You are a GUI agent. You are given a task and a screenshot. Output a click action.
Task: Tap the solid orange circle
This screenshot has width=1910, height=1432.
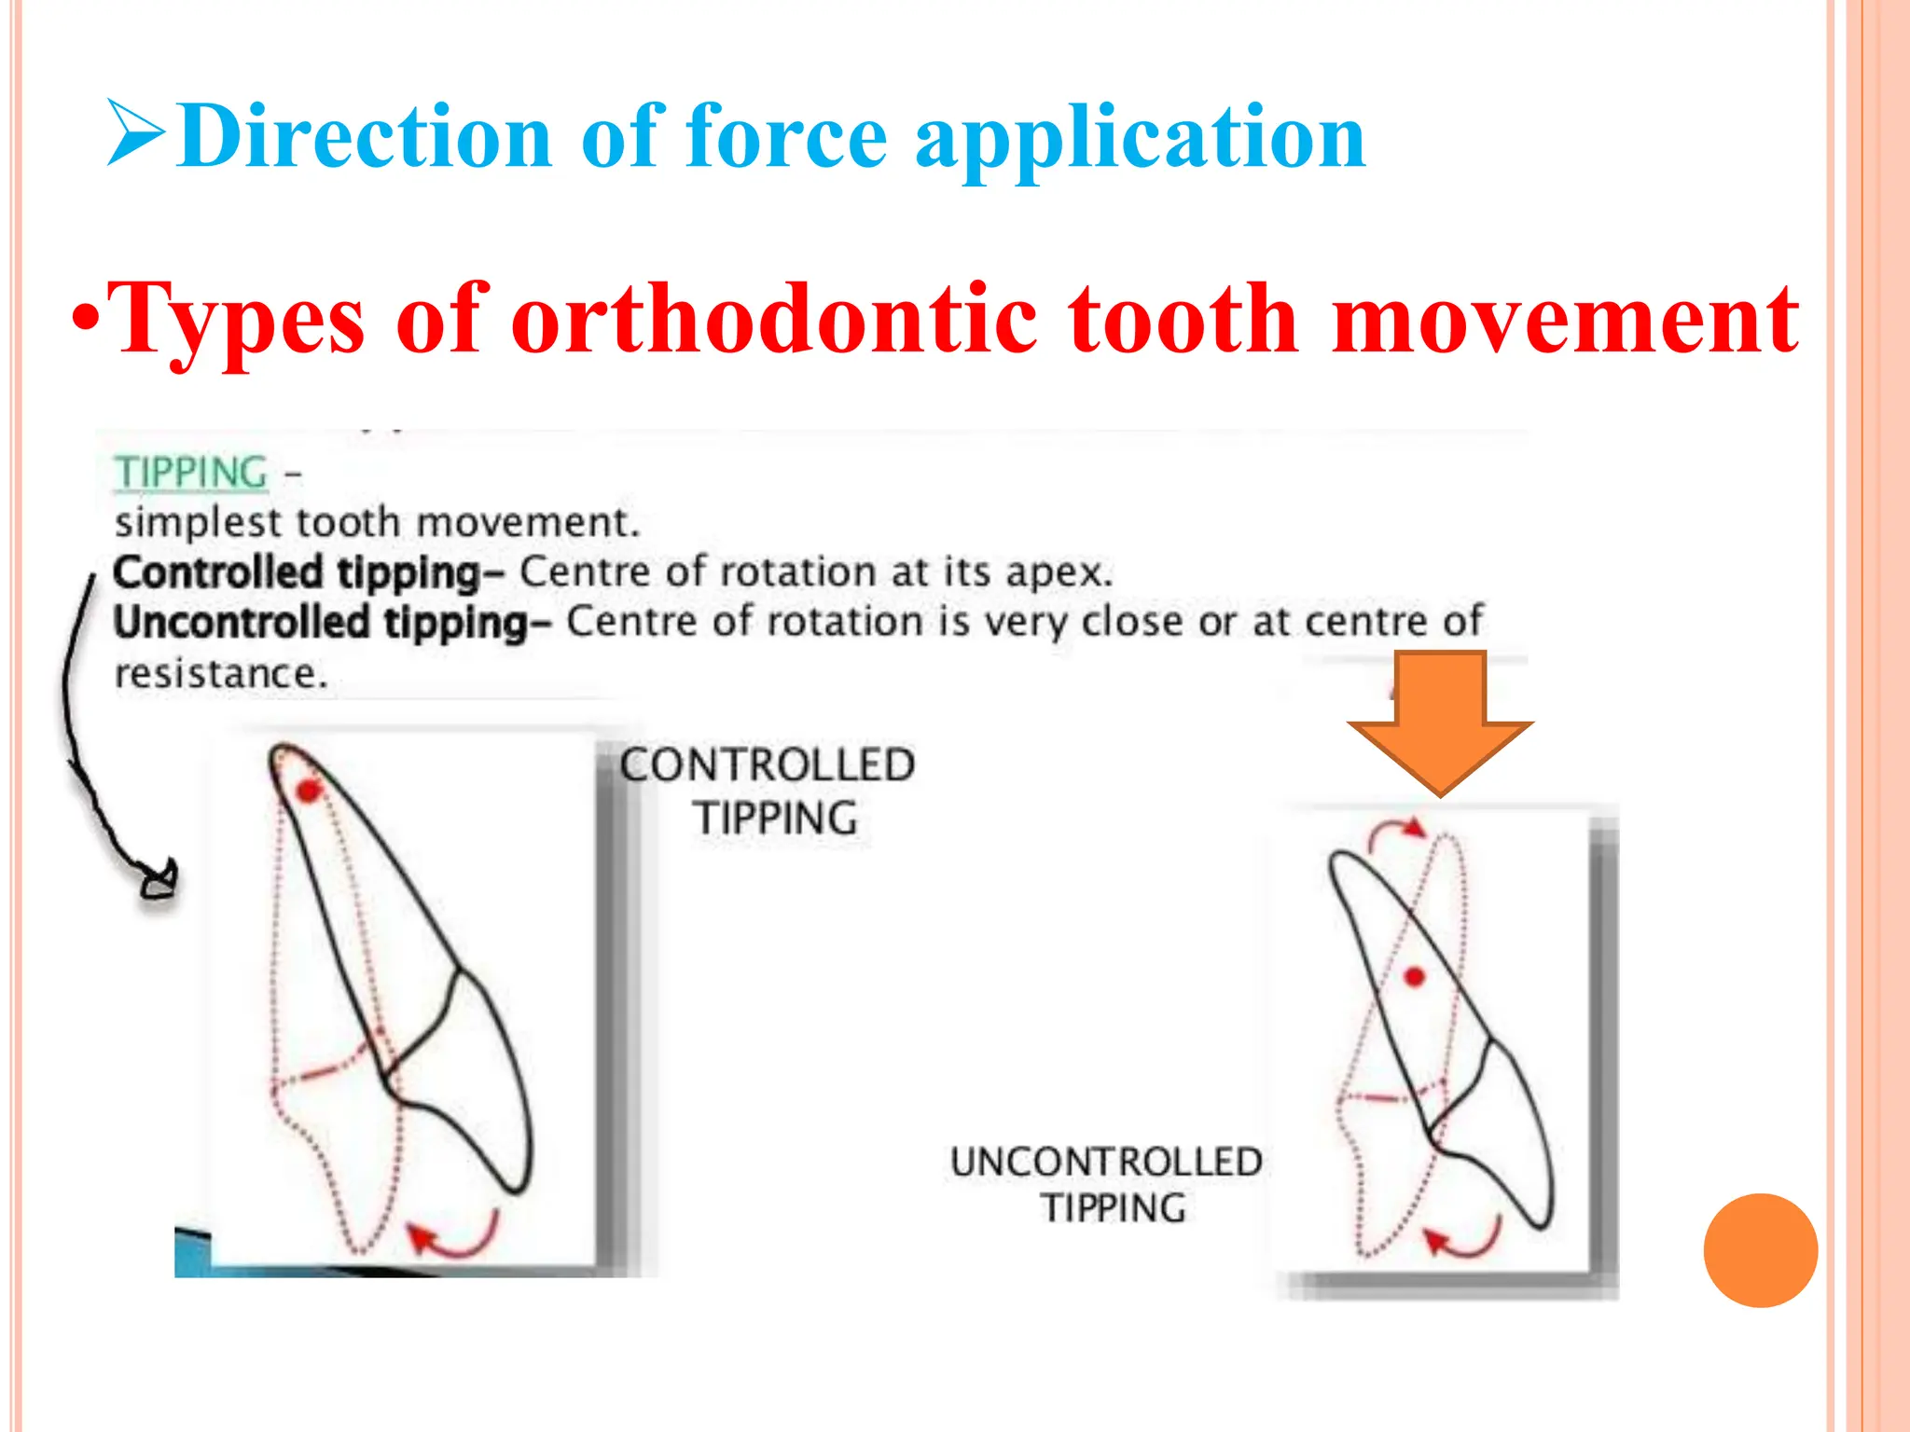[1760, 1250]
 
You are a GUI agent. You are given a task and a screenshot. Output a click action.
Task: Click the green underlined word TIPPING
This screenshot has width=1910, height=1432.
[191, 473]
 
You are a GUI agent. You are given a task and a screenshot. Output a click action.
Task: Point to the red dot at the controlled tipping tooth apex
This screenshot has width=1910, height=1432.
[308, 792]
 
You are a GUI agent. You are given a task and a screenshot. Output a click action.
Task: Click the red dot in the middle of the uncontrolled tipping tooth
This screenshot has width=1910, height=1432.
[1415, 977]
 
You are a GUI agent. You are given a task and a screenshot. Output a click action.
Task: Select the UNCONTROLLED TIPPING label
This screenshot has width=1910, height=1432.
[1107, 1184]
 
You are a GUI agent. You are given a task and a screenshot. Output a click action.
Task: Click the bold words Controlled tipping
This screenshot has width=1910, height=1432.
[297, 572]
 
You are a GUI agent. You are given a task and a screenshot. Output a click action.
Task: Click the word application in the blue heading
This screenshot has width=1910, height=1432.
[1140, 138]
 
